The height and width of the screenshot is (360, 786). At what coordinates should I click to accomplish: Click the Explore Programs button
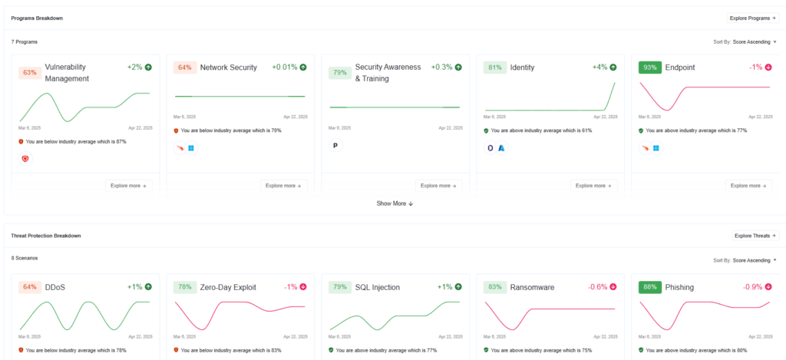(x=753, y=18)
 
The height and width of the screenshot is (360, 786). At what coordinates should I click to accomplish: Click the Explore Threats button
(x=755, y=236)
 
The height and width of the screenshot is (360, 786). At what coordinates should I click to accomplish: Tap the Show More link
(x=395, y=203)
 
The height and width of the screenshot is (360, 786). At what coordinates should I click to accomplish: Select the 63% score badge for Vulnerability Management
(x=30, y=73)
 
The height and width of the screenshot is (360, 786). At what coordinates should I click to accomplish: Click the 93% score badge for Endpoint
(x=650, y=68)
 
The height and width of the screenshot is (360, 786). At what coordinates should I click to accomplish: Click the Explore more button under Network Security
(x=284, y=186)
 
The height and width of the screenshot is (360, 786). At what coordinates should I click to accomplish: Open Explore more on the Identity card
(x=594, y=186)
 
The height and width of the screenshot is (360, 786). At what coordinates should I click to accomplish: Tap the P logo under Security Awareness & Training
(x=335, y=145)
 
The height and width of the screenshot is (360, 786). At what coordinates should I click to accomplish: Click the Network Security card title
(x=229, y=68)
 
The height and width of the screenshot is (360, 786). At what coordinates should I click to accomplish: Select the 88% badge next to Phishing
(x=650, y=287)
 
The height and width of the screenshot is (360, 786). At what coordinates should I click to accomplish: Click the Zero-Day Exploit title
(x=228, y=287)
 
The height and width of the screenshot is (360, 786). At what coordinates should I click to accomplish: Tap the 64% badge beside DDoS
(x=30, y=287)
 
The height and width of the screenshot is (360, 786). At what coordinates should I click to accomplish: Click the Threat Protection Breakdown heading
(x=46, y=236)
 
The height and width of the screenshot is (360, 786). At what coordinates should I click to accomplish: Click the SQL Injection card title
(x=378, y=287)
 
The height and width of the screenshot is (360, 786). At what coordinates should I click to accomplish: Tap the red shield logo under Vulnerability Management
(x=25, y=159)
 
